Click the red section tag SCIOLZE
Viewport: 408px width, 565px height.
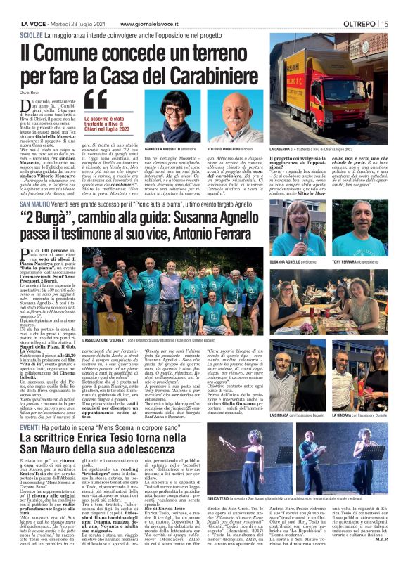tap(31, 34)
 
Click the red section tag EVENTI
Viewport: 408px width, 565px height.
tap(30, 407)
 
